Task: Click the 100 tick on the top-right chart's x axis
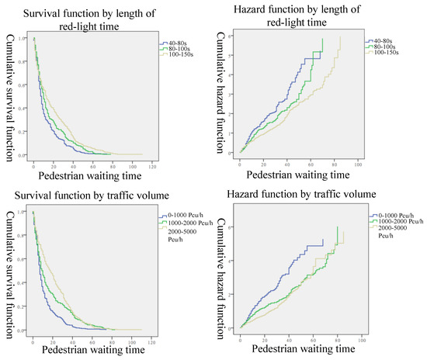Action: (357, 164)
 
